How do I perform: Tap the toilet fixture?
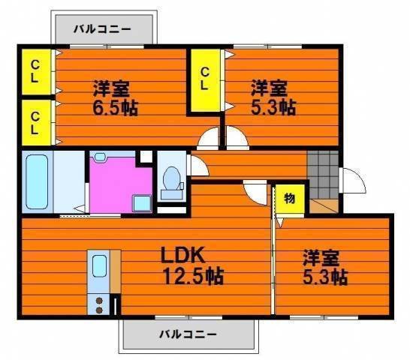point(172,181)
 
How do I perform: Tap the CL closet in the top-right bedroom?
point(204,78)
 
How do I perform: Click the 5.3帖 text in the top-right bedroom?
point(273,106)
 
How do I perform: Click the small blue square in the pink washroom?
point(140,203)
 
